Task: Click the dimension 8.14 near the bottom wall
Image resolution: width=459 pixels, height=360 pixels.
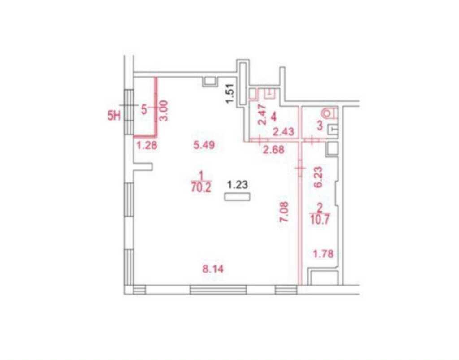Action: coord(213,269)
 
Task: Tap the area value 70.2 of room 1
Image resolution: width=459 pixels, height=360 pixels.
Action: coord(201,187)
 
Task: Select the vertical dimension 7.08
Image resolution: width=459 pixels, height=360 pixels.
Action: coord(284,212)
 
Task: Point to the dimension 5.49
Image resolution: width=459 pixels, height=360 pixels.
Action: coord(204,145)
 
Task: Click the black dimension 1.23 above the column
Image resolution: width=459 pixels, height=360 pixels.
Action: coord(238,185)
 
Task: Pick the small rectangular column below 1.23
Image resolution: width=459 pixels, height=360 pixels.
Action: coord(237,197)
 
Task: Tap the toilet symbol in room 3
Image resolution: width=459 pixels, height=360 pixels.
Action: coord(329,113)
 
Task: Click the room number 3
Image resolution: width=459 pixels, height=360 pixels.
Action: coord(320,126)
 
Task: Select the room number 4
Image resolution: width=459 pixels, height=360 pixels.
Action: coord(274,117)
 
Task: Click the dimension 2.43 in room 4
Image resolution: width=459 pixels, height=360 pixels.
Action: coord(283,132)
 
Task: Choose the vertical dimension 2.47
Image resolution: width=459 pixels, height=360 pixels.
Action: coord(263,114)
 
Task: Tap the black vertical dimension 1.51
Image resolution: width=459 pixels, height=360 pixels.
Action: coord(230,93)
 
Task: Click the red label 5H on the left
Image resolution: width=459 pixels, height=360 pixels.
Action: coord(114,116)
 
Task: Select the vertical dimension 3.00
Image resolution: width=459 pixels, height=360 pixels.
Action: coord(163,110)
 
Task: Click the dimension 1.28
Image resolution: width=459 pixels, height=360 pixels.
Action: coord(147,145)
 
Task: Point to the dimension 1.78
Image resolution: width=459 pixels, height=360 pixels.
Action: coord(323,254)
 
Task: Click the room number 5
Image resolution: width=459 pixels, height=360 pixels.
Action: coord(144,110)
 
